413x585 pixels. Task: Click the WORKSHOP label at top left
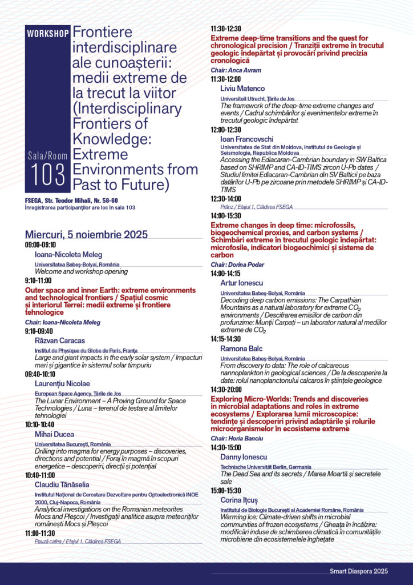[48, 33]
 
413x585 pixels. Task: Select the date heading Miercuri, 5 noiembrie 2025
[86, 234]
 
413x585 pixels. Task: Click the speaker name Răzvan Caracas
[55, 340]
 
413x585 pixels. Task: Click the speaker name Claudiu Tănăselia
[62, 484]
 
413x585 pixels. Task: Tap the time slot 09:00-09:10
[40, 245]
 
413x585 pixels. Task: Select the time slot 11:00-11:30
[40, 532]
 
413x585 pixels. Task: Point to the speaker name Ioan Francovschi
[246, 139]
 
